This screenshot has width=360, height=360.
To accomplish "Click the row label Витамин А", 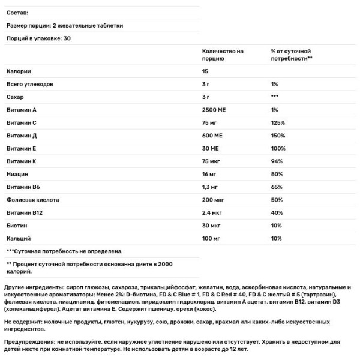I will (22, 110).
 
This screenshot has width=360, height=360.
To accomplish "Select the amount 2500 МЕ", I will (216, 110).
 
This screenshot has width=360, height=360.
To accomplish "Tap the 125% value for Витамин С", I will (278, 122).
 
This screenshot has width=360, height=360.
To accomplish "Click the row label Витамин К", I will (22, 160).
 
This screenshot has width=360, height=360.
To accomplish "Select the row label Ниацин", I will (17, 174).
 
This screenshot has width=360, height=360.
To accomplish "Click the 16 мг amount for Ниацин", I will (210, 174).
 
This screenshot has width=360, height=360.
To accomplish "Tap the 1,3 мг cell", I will (211, 187).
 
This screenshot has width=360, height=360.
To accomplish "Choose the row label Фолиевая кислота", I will (33, 199).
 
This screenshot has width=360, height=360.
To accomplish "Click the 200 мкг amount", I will (214, 199).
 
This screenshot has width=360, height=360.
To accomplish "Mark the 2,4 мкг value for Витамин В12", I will (213, 212).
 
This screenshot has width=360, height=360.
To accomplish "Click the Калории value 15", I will (206, 71).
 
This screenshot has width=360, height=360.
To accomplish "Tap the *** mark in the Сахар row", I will (275, 97).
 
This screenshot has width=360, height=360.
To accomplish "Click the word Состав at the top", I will (17, 12).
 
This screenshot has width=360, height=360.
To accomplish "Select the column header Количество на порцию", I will (223, 55).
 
